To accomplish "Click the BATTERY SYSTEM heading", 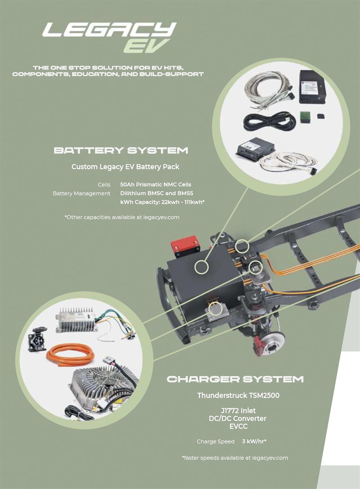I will point(121,151).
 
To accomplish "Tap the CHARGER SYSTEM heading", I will point(235,379).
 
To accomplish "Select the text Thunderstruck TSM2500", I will point(238,395).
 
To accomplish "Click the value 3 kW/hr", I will point(254,441).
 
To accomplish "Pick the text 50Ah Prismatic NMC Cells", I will point(156,185).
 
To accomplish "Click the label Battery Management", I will point(81,193).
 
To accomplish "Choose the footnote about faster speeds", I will point(235,457).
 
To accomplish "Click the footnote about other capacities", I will point(122,217).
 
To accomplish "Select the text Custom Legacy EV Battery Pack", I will point(125,167).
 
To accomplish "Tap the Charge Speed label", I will point(216,441).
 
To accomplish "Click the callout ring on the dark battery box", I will point(201,267).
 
